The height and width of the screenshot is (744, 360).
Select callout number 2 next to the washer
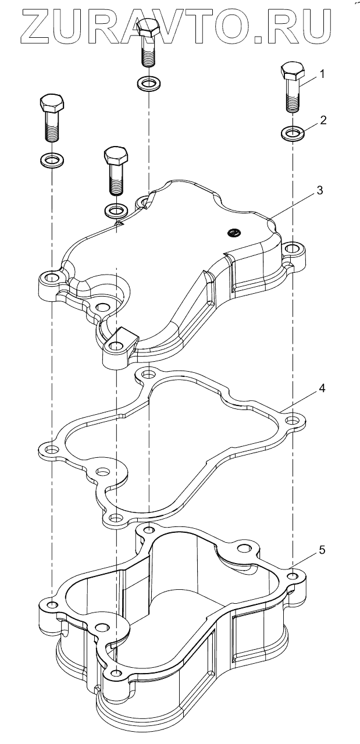pyautogui.click(x=324, y=120)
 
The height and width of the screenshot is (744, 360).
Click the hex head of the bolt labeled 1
pyautogui.click(x=292, y=72)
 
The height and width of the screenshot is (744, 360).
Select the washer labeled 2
pyautogui.click(x=292, y=133)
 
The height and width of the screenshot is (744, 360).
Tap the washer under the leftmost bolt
pyautogui.click(x=52, y=158)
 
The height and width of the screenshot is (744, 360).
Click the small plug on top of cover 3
pyautogui.click(x=233, y=233)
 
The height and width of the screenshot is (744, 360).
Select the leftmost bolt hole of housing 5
pyautogui.click(x=52, y=605)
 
